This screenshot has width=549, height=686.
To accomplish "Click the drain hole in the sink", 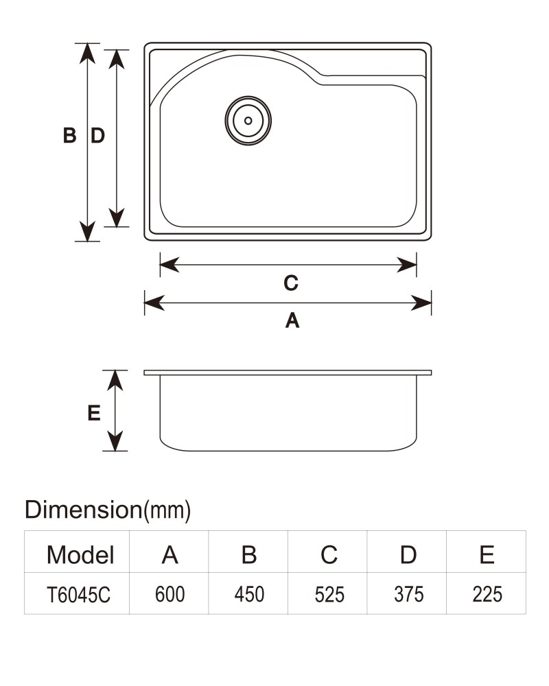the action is [x=248, y=121].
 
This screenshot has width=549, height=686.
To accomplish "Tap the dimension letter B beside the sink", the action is [x=69, y=135].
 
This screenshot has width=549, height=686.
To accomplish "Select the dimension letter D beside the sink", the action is [x=98, y=135].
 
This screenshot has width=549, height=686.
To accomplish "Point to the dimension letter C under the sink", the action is [x=291, y=283].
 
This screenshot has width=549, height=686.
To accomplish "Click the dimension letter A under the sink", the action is [x=292, y=320].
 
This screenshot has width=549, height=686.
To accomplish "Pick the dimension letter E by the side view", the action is [x=94, y=412].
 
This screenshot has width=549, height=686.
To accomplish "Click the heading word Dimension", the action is [x=83, y=510].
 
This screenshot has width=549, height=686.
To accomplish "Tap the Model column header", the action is [x=80, y=555].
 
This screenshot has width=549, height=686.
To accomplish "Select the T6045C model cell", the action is [x=78, y=595].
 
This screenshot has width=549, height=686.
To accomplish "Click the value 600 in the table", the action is [x=170, y=594].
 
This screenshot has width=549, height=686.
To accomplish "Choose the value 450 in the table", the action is [x=249, y=594].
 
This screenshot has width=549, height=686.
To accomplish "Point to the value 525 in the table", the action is [x=329, y=595].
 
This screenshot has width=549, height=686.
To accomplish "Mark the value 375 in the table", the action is [x=408, y=594].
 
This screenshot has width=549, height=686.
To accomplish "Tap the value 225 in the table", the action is [x=487, y=594].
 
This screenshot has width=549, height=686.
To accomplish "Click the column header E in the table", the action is [x=487, y=555].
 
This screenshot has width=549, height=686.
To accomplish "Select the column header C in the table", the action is [x=329, y=555].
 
